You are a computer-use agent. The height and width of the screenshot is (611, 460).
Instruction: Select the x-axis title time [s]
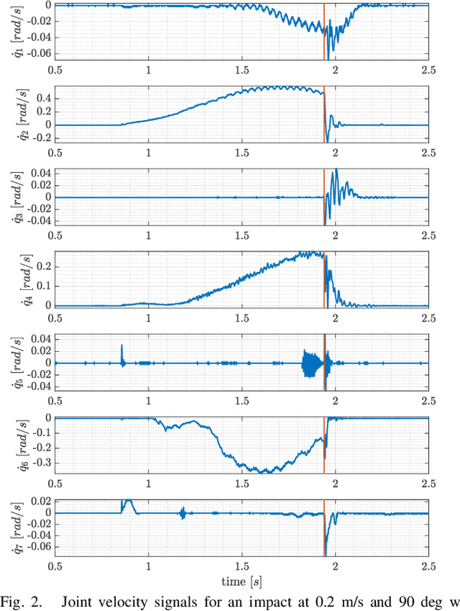pos(241,580)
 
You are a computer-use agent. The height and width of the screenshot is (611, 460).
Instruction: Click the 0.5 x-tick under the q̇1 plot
pos(55,70)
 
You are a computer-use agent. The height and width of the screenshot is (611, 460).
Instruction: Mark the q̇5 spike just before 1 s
pos(121,353)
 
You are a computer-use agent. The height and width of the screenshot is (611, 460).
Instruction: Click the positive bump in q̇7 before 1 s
pos(129,503)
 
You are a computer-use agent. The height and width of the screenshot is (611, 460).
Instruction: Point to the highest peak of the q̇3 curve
pos(336,171)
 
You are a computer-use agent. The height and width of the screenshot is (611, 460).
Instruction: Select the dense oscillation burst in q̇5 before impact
pos(311,363)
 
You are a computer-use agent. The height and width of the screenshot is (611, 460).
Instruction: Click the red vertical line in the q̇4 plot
pos(324,281)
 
